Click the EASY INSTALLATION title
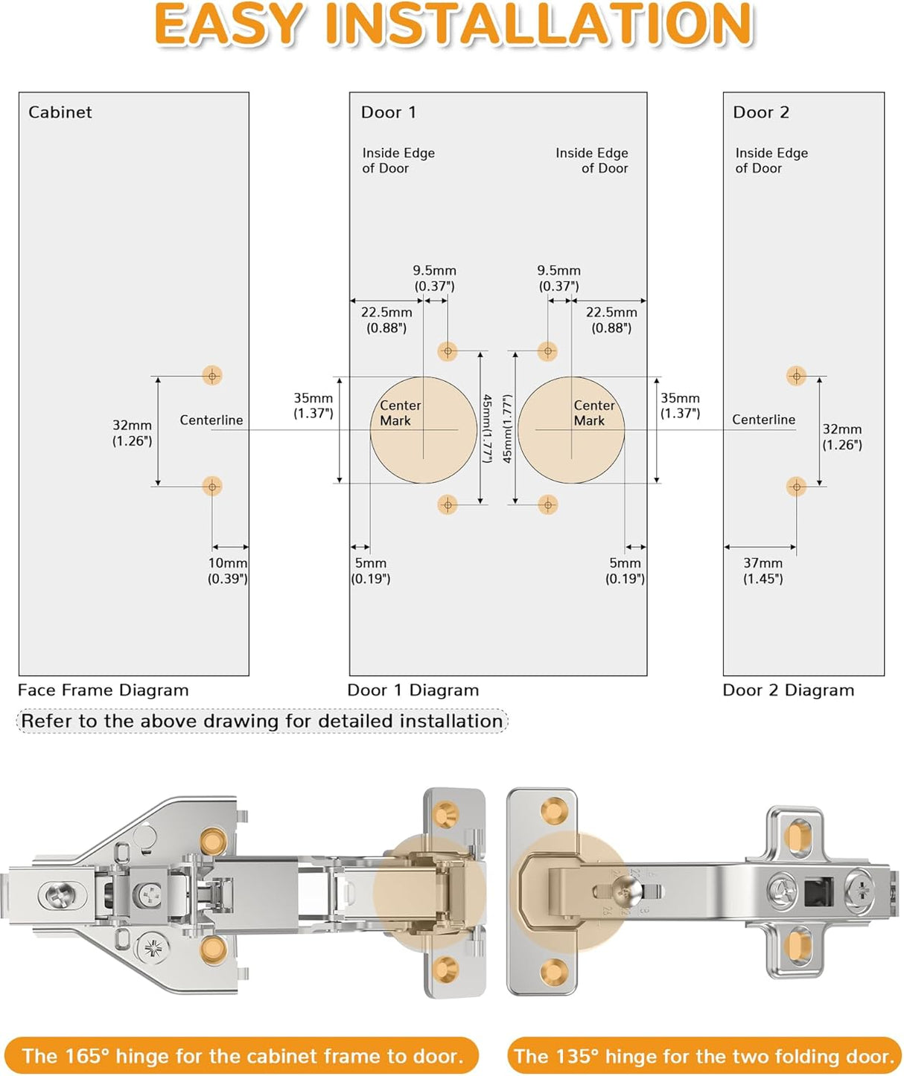[x=453, y=25]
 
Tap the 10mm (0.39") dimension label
[x=227, y=571]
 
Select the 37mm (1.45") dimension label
[x=763, y=571]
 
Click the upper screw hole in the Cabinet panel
[x=212, y=375]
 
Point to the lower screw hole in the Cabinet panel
[x=212, y=487]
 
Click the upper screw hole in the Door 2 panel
[x=796, y=376]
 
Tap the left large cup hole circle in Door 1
[x=423, y=430]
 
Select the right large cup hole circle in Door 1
[x=571, y=430]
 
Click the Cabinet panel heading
[x=60, y=112]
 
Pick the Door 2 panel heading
[x=760, y=112]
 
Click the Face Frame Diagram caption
[x=103, y=691]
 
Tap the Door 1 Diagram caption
[x=413, y=691]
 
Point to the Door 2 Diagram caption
[x=788, y=691]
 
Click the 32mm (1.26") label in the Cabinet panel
[x=132, y=433]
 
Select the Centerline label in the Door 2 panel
[x=763, y=420]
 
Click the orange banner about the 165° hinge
[x=242, y=1056]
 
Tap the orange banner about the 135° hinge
[x=704, y=1056]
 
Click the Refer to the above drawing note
[x=261, y=721]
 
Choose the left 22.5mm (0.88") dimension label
[x=386, y=320]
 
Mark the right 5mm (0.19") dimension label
[x=625, y=571]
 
